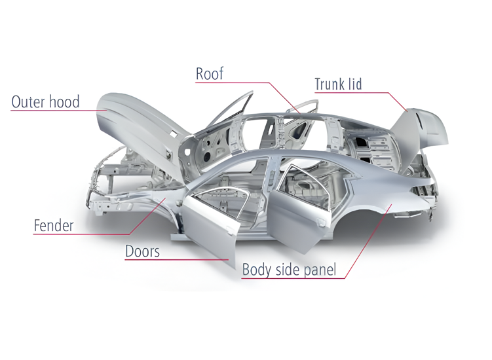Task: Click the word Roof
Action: pyautogui.click(x=210, y=74)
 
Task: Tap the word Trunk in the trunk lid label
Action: pyautogui.click(x=330, y=84)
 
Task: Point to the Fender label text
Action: pyautogui.click(x=54, y=225)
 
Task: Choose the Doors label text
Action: pyautogui.click(x=142, y=251)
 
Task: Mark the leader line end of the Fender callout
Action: pyautogui.click(x=165, y=198)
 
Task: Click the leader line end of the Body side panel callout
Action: pyautogui.click(x=392, y=204)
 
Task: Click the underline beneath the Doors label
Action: pyautogui.click(x=177, y=260)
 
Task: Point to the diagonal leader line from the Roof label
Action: pyautogui.click(x=284, y=98)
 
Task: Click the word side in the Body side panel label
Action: pyautogui.click(x=282, y=270)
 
